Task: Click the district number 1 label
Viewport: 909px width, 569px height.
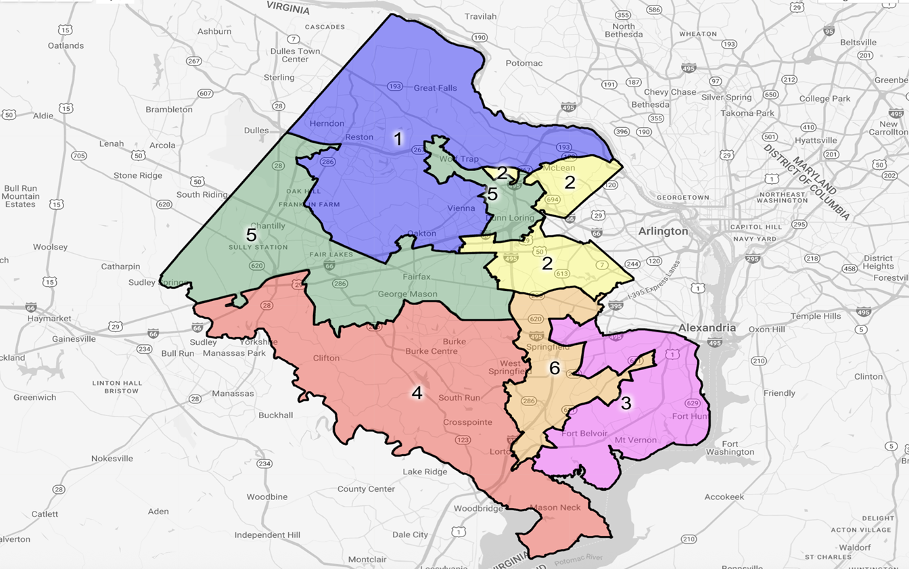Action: click(398, 139)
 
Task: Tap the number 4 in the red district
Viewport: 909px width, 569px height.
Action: click(417, 392)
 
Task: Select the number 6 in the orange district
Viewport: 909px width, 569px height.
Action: click(555, 367)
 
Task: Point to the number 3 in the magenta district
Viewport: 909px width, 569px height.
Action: click(626, 403)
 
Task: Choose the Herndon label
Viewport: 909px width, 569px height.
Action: click(327, 123)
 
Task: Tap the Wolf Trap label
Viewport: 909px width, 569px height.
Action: click(459, 158)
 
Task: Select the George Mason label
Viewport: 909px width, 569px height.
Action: click(407, 294)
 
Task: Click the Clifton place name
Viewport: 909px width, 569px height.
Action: click(326, 358)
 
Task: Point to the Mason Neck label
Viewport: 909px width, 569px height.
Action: click(555, 507)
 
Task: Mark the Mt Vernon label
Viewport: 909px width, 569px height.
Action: click(635, 440)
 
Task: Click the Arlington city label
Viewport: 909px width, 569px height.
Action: click(663, 231)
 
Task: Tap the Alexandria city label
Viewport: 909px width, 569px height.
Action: click(707, 327)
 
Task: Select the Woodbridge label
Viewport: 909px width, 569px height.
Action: click(478, 509)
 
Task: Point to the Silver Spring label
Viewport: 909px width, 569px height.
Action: click(726, 97)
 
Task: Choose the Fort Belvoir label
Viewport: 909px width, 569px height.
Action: click(584, 434)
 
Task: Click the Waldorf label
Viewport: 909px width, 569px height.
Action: click(836, 547)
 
